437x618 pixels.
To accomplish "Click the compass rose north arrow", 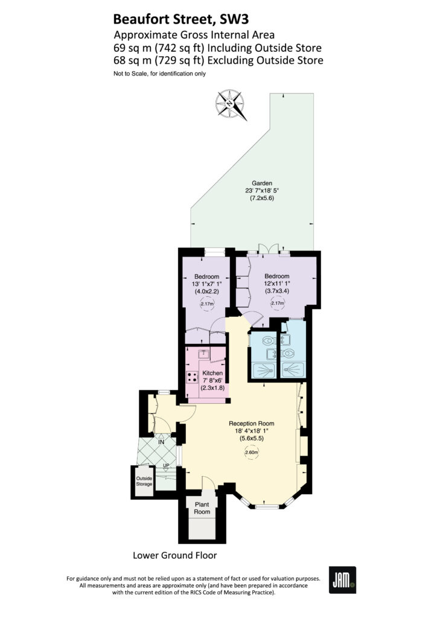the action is [x=231, y=105].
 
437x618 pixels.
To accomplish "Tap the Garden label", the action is [x=262, y=183].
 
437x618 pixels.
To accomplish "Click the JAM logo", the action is [x=342, y=579].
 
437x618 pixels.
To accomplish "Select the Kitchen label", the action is [x=212, y=373].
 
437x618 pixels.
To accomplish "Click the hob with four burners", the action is [x=193, y=377].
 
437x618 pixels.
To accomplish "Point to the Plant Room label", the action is [x=202, y=508].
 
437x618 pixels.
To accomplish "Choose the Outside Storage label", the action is [x=144, y=481].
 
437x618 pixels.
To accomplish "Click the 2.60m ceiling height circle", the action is [x=252, y=453].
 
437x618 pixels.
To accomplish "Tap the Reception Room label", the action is [x=252, y=423].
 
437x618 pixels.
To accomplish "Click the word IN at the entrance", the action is [x=161, y=442].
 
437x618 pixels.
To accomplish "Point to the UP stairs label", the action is [x=166, y=466].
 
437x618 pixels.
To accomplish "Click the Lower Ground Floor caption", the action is [x=175, y=555].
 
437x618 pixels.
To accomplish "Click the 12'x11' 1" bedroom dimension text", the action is [x=277, y=284].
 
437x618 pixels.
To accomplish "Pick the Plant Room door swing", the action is [x=208, y=483].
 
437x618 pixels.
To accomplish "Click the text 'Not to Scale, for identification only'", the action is [x=159, y=73].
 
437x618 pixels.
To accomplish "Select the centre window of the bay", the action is [x=267, y=507].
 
